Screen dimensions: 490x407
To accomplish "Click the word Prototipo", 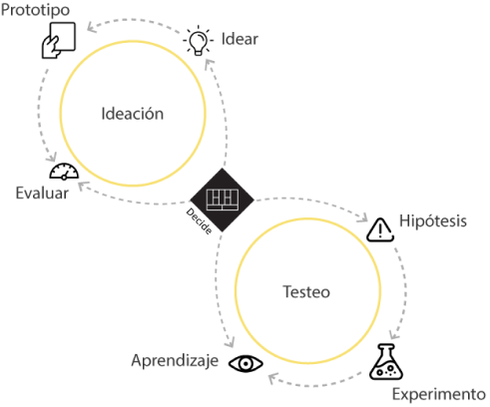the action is point(35,10).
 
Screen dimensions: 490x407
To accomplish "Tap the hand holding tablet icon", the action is point(59,40).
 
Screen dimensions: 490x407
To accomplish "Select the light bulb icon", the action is point(198,40).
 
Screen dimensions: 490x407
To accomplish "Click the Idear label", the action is point(240,39).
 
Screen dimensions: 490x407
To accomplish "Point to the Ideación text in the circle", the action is point(133,114).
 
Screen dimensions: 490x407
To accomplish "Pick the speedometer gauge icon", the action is point(64,172).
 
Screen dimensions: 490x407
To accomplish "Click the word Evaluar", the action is point(42,193).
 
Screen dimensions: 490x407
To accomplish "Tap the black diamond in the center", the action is point(222,200).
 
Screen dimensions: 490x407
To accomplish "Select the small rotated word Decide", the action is point(199,221).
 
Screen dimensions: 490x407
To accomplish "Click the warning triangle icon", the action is point(380,229).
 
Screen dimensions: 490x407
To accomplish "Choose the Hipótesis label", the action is point(433,220).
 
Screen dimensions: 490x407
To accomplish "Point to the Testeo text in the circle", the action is point(306,292).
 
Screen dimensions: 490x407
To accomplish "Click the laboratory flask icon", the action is point(386,362).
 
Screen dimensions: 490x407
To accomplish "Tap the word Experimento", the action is point(439,394).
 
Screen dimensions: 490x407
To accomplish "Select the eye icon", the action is point(245,363).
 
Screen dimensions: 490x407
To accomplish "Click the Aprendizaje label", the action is point(175,361).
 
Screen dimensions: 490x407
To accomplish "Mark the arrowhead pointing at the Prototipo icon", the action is point(92,27).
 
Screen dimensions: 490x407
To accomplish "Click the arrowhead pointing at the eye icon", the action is point(272,378).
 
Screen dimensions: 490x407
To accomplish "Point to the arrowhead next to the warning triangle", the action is point(363,217).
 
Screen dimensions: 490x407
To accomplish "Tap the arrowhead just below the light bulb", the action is point(209,64).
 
